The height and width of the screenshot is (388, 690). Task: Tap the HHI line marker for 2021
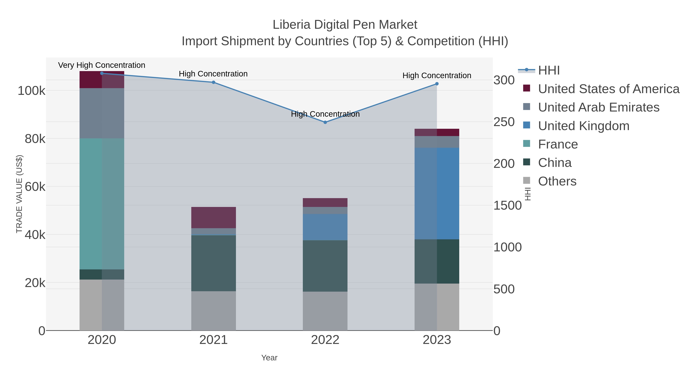click(x=214, y=82)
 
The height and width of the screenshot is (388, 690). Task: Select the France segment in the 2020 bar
click(x=102, y=203)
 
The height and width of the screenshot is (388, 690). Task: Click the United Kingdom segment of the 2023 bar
click(x=437, y=193)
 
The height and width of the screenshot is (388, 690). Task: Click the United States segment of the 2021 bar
click(x=214, y=217)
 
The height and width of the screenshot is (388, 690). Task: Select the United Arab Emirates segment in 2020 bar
click(x=102, y=113)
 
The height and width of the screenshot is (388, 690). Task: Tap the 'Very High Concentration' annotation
click(x=102, y=65)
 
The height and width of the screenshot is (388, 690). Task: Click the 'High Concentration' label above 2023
click(x=437, y=75)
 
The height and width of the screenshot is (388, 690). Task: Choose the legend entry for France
click(x=558, y=144)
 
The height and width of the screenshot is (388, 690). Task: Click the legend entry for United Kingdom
click(x=583, y=126)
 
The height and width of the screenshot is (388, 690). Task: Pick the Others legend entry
click(x=557, y=181)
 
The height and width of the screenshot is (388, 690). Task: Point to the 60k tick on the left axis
click(x=35, y=187)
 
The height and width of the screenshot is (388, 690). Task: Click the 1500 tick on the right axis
click(x=507, y=206)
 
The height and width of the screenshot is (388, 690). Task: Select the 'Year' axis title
click(x=269, y=358)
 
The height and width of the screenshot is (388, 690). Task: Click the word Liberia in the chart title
click(x=291, y=25)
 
